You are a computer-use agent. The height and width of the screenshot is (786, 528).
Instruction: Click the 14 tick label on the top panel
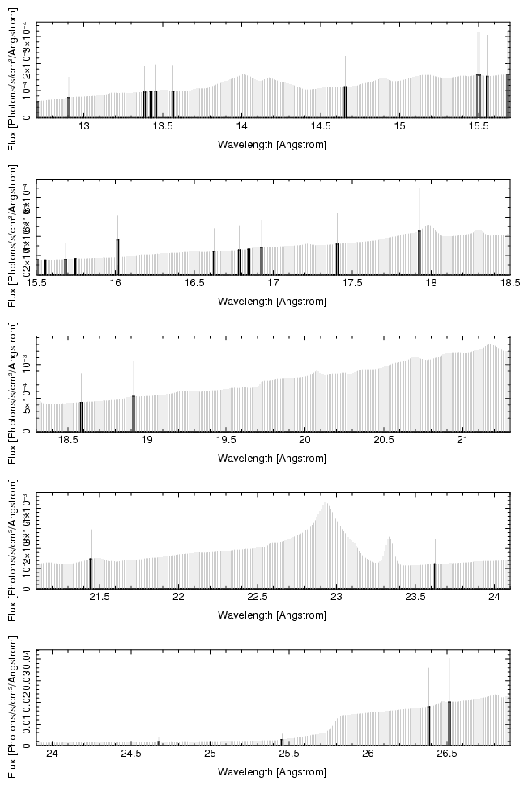click(x=241, y=128)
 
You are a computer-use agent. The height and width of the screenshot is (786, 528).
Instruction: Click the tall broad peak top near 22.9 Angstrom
click(x=326, y=503)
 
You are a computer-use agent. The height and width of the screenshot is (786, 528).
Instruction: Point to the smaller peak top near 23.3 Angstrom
click(x=390, y=538)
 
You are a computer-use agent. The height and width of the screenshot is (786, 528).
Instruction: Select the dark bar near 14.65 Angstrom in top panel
click(x=345, y=101)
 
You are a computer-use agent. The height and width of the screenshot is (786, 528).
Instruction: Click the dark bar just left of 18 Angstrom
click(x=419, y=252)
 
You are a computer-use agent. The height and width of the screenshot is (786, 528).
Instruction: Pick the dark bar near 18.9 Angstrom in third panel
click(x=134, y=412)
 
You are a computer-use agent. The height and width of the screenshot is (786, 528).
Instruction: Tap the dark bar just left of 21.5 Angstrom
click(x=91, y=573)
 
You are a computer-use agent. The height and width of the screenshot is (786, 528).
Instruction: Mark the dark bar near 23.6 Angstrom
click(x=435, y=575)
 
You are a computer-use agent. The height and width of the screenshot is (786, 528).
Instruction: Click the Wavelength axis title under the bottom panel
click(x=272, y=772)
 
